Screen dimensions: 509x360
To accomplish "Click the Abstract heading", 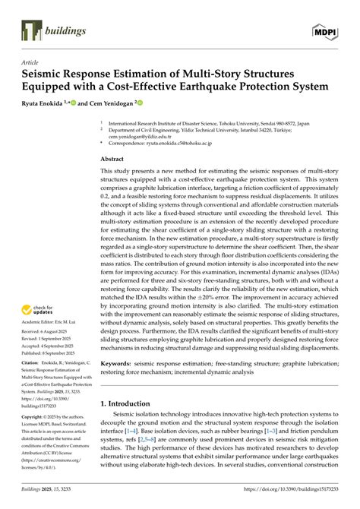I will [x=115, y=159].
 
